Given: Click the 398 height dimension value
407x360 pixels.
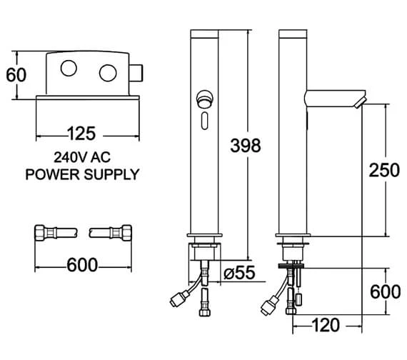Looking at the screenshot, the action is tap(246, 146).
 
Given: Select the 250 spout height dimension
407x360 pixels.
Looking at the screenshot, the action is tap(384, 171).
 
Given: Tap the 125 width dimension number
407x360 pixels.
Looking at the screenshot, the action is tap(81, 134).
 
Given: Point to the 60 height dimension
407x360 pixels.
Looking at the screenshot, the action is tap(16, 75).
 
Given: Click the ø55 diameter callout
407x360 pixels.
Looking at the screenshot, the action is tap(239, 273).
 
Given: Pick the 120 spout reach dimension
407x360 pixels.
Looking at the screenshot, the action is tap(325, 325).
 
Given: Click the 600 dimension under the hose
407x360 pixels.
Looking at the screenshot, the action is tap(82, 265).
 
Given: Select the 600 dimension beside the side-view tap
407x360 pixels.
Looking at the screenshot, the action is tap(385, 291).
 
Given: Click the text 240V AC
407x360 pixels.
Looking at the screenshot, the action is tap(82, 157).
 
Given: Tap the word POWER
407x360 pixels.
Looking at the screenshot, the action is tap(52, 174).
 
